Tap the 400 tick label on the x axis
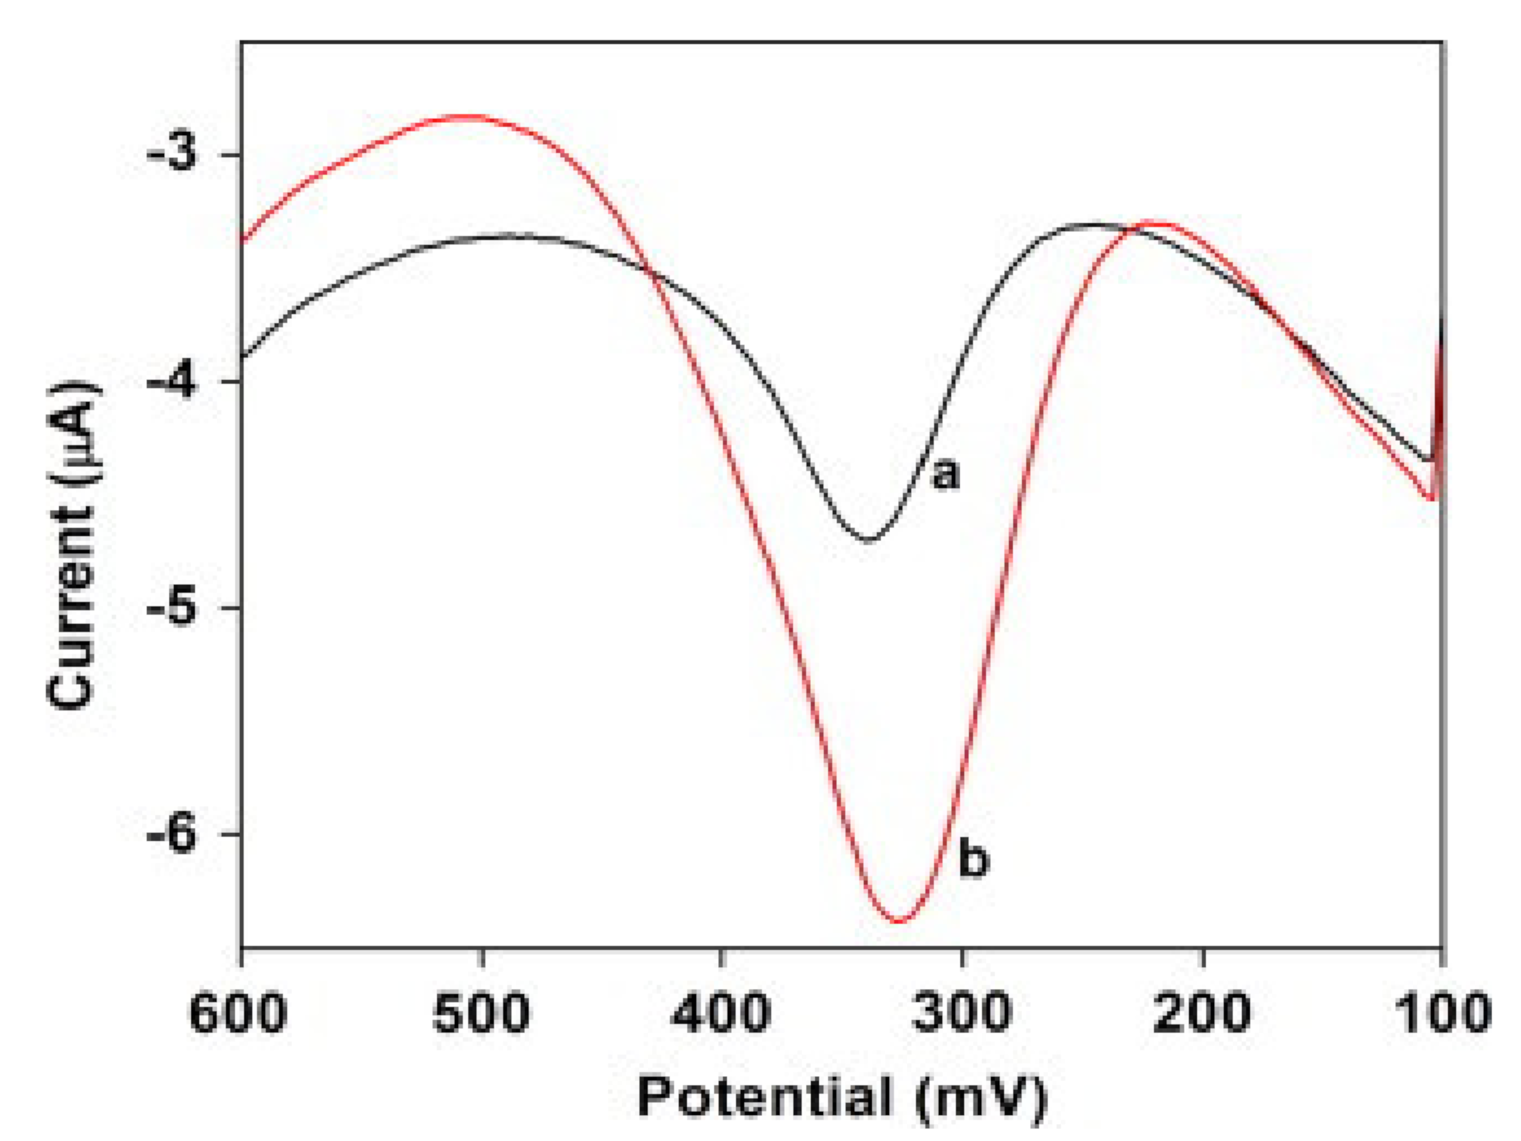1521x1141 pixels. (x=720, y=1014)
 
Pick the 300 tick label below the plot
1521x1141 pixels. (x=961, y=1014)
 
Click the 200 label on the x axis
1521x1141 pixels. (x=1202, y=1014)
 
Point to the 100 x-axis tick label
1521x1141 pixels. (x=1442, y=1014)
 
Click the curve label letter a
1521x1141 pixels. (x=945, y=474)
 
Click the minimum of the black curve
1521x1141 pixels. (x=869, y=541)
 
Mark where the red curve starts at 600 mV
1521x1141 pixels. (x=242, y=241)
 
